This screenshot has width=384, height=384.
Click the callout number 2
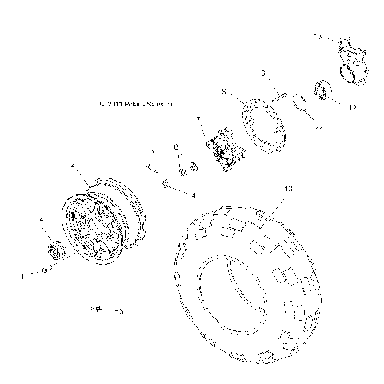[73, 164]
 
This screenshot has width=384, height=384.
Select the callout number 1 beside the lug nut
[22, 274]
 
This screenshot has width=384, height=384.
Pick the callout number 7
[198, 120]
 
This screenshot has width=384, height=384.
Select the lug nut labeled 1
[47, 270]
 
